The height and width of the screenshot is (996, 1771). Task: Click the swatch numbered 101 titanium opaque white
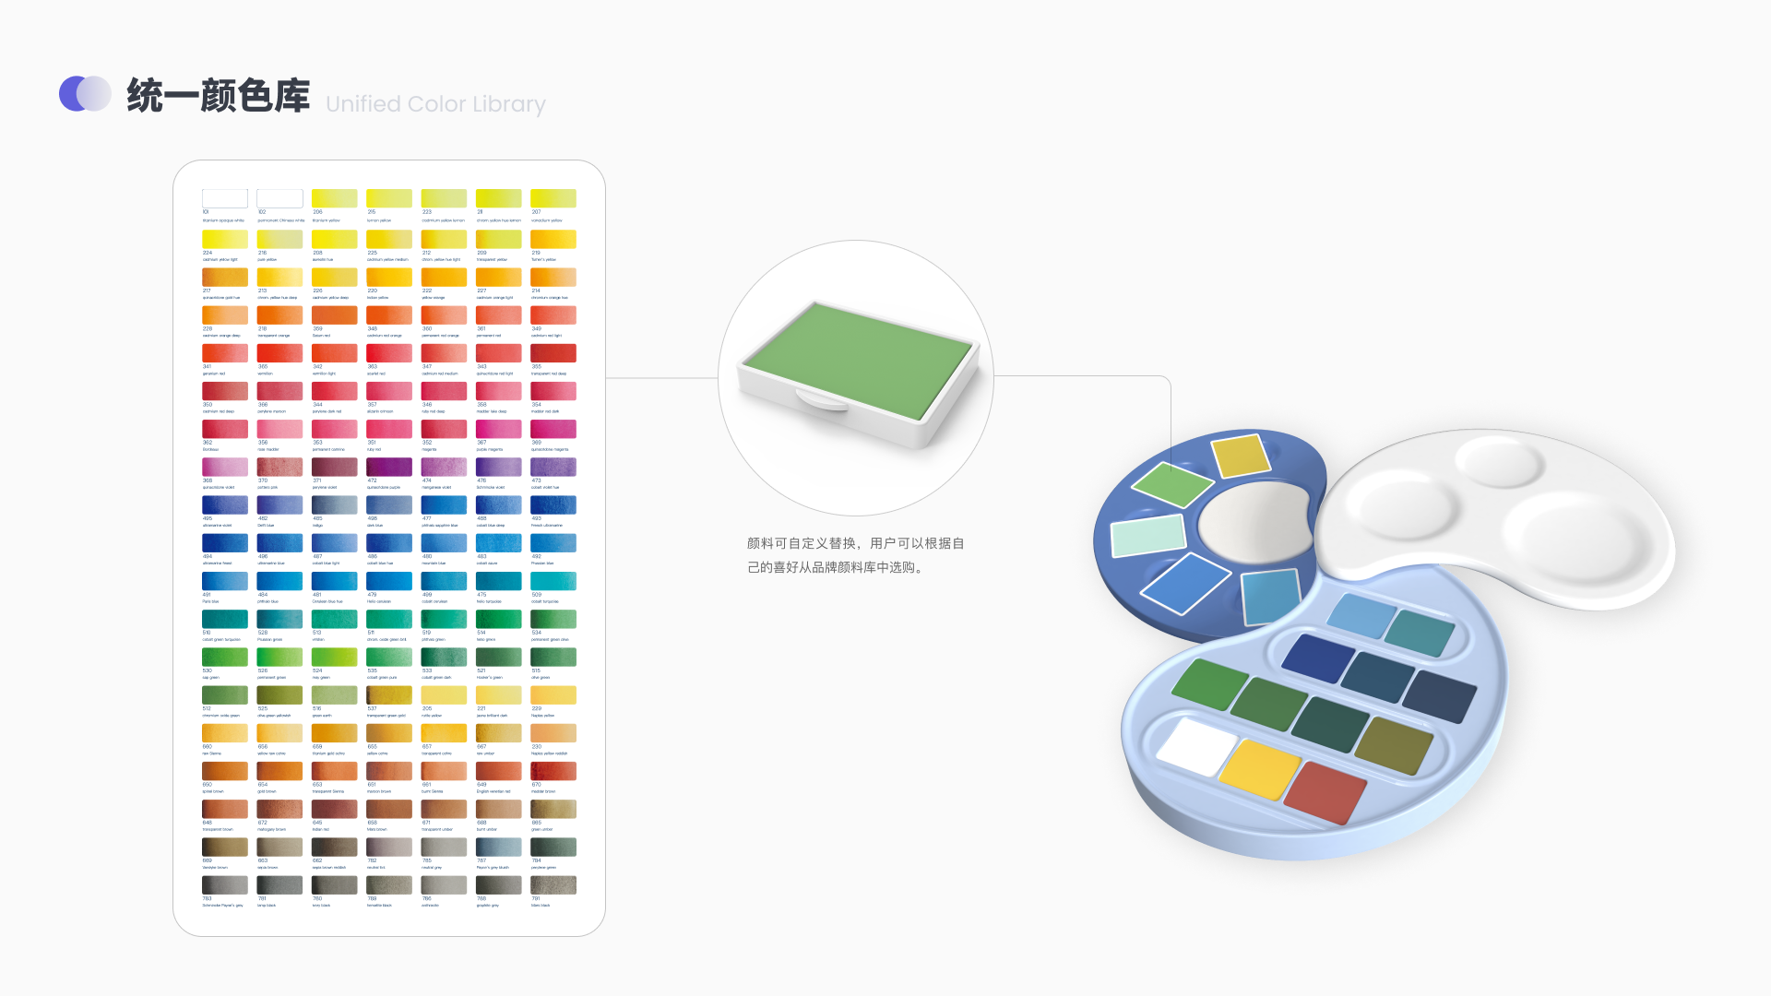pyautogui.click(x=225, y=198)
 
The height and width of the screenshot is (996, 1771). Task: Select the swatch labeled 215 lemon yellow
pyautogui.click(x=389, y=198)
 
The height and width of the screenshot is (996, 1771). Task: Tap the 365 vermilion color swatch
pyautogui.click(x=279, y=353)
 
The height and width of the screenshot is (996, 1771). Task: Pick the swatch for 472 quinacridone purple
pyautogui.click(x=389, y=468)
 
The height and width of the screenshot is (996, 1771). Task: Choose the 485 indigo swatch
pyautogui.click(x=334, y=505)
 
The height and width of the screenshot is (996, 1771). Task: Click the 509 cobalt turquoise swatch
pyautogui.click(x=553, y=581)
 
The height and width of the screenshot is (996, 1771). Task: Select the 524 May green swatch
pyautogui.click(x=334, y=658)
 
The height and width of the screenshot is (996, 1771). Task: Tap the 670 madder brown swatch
pyautogui.click(x=553, y=771)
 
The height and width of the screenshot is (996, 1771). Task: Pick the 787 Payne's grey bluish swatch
pyautogui.click(x=499, y=848)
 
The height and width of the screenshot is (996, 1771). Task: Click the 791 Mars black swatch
pyautogui.click(x=553, y=885)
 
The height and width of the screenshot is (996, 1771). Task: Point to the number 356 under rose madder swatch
pyautogui.click(x=263, y=443)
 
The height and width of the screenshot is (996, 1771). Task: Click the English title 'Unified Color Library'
pyautogui.click(x=435, y=104)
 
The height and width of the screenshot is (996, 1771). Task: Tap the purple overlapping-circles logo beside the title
pyautogui.click(x=85, y=94)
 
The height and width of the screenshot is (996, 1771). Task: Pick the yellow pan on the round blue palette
pyautogui.click(x=1241, y=457)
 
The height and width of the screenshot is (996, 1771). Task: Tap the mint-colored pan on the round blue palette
pyautogui.click(x=1148, y=535)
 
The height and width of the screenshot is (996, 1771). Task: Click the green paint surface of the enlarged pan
pyautogui.click(x=858, y=360)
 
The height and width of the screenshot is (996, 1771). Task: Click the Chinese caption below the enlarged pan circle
pyautogui.click(x=855, y=555)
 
